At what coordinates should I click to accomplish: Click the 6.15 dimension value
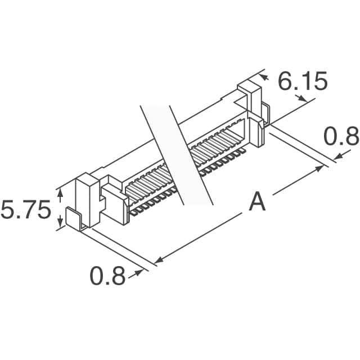tap(303, 82)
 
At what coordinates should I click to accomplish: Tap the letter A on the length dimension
tap(257, 201)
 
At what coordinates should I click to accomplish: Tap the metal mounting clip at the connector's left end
tap(75, 219)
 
